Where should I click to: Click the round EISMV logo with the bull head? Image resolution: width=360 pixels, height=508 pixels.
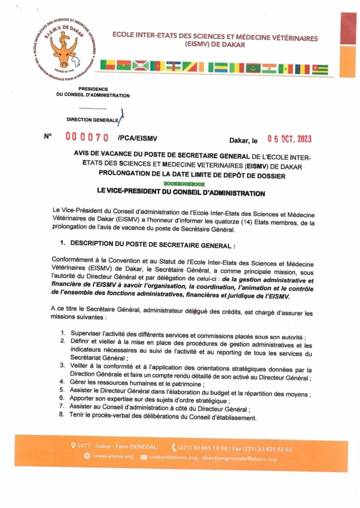click(x=63, y=47)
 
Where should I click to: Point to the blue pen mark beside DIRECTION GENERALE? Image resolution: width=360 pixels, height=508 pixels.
click(x=122, y=117)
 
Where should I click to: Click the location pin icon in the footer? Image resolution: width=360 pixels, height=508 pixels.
click(x=73, y=445)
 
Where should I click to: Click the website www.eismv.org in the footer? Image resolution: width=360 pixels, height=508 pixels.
click(x=113, y=456)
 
